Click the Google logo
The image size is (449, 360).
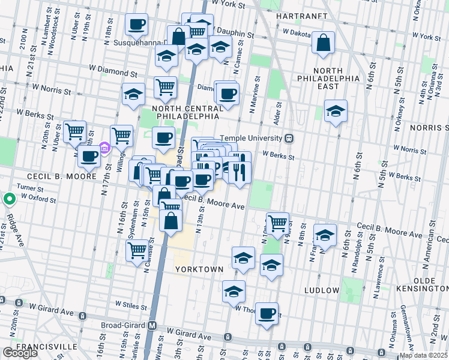(20, 353)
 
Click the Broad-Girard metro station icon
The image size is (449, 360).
(152, 325)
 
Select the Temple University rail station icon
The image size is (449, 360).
(289, 138)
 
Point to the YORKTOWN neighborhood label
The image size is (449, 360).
(199, 270)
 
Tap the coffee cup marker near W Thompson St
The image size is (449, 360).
(267, 313)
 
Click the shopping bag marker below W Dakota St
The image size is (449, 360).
(323, 43)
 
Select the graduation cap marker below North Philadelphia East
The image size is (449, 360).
(336, 111)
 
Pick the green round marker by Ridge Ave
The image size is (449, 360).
(9, 199)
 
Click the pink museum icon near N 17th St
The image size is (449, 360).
(104, 148)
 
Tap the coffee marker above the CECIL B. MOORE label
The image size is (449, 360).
(89, 157)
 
